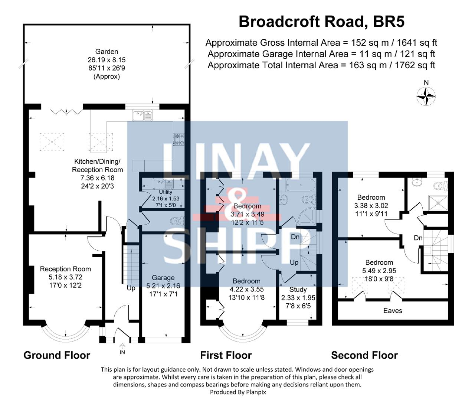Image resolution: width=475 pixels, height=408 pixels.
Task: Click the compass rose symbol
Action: tap(426, 96)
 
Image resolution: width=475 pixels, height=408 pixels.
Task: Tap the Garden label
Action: tap(107, 52)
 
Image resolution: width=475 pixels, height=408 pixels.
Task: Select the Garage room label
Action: tap(163, 278)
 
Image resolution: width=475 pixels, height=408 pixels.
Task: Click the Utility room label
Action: tap(166, 192)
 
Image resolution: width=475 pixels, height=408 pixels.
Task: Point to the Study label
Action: tap(298, 290)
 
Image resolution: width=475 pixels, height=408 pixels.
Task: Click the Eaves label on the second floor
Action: tap(393, 310)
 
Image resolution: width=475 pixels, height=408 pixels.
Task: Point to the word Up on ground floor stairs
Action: tap(131, 288)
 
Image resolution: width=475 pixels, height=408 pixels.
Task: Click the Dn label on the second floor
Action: tap(418, 238)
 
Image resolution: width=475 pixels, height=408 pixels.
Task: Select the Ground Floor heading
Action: tap(57, 355)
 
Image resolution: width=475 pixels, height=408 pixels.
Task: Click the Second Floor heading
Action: tap(364, 355)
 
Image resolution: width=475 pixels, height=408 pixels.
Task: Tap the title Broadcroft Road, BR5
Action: tap(321, 22)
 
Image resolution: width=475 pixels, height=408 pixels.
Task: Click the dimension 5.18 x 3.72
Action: tap(65, 277)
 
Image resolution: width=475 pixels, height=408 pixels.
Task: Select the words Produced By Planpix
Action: tap(238, 392)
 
